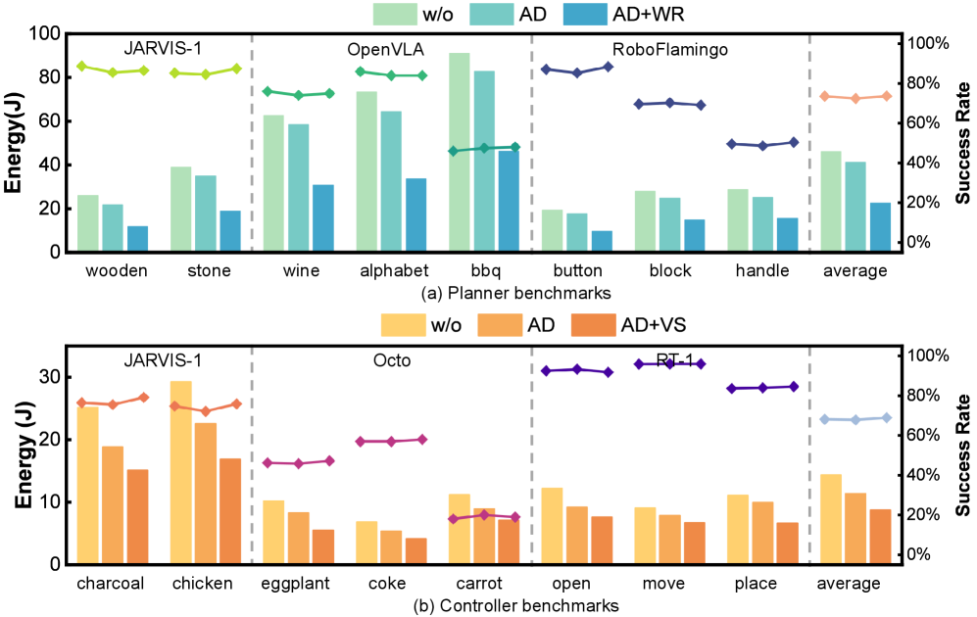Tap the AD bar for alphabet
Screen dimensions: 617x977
click(x=391, y=181)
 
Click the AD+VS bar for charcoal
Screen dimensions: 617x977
click(x=137, y=516)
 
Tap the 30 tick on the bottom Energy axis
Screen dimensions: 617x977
click(x=45, y=377)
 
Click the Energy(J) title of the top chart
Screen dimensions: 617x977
click(x=15, y=143)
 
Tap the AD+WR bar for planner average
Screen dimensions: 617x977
click(x=880, y=227)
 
